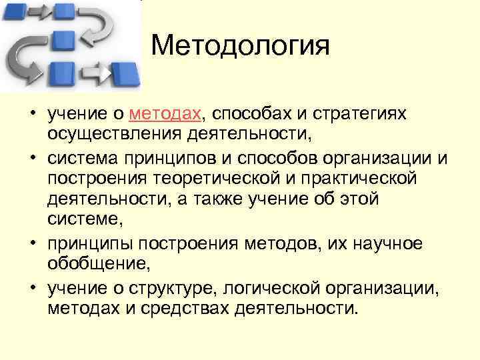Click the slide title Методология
(240, 47)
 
